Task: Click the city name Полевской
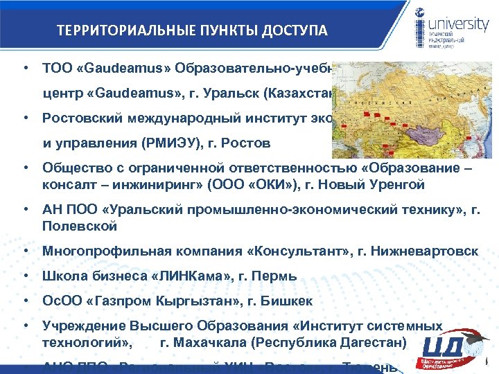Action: pyautogui.click(x=80, y=226)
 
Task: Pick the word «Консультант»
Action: pyautogui.click(x=280, y=251)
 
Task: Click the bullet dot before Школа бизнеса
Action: pyautogui.click(x=24, y=276)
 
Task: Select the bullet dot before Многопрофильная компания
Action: pyautogui.click(x=24, y=251)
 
